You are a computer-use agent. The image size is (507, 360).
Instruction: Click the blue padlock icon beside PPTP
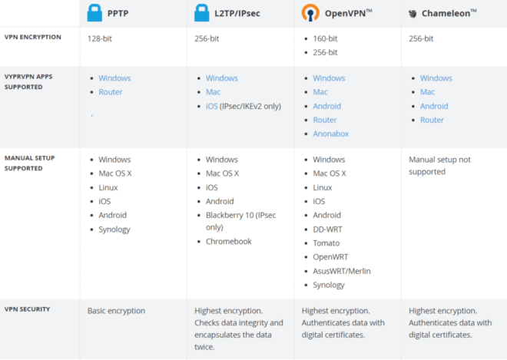94,13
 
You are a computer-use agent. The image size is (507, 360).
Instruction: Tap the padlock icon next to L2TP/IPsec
201,13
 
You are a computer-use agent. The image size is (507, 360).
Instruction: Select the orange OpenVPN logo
310,13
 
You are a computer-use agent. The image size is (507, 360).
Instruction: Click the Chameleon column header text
449,13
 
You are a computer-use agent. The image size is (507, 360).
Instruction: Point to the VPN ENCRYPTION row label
33,37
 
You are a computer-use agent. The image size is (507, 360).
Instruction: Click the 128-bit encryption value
100,39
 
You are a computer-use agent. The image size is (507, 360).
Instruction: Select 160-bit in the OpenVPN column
325,39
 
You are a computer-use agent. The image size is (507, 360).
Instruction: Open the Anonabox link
331,134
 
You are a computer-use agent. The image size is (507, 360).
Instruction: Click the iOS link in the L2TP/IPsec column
212,107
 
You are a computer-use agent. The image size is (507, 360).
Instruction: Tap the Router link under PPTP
111,92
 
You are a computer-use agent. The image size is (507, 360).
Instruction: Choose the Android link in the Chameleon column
434,107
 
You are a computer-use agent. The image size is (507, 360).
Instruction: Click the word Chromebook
229,241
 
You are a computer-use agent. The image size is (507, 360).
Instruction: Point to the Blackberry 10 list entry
241,221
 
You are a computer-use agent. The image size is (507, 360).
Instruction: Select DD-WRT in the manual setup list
327,230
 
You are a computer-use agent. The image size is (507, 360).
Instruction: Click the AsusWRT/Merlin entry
342,271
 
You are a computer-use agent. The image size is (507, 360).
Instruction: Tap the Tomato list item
326,243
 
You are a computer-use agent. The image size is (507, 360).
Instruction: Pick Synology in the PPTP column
114,230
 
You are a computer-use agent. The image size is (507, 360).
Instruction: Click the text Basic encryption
116,311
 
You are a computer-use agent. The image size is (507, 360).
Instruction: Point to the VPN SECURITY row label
27,309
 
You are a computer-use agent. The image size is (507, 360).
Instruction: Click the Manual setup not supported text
439,166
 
